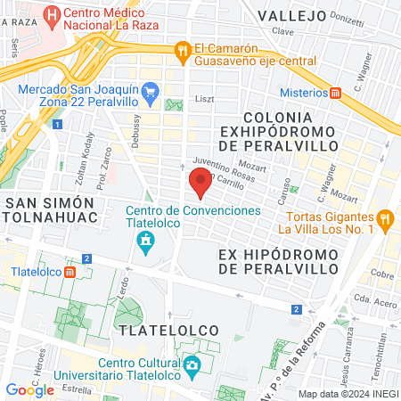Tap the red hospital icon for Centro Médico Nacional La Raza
click(52, 15)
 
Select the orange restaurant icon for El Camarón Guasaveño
click(183, 50)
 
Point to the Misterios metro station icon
click(336, 93)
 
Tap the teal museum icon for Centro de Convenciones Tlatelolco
click(144, 240)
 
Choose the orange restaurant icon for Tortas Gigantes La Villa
click(385, 217)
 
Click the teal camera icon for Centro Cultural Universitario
click(191, 364)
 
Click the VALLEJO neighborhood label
click(291, 15)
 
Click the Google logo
click(30, 389)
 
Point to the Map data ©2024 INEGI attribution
click(347, 394)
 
